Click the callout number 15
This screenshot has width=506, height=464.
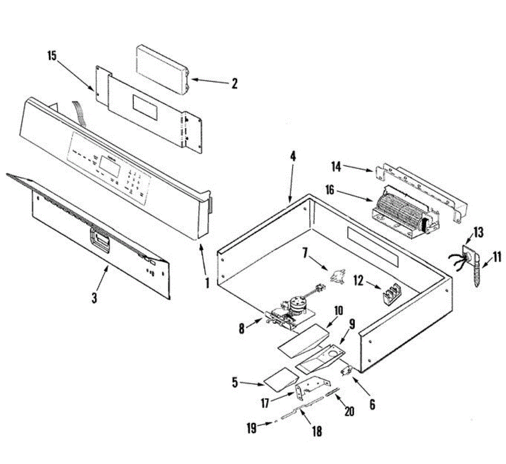pos(52,56)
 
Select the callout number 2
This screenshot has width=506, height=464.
pos(234,84)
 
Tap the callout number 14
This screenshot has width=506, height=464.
pos(336,167)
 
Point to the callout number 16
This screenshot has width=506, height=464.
pos(329,190)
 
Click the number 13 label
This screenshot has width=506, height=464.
pos(478,233)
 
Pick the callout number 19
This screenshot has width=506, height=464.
pos(251,428)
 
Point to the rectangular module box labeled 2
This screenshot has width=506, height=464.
pos(162,70)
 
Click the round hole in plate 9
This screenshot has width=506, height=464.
pos(334,352)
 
